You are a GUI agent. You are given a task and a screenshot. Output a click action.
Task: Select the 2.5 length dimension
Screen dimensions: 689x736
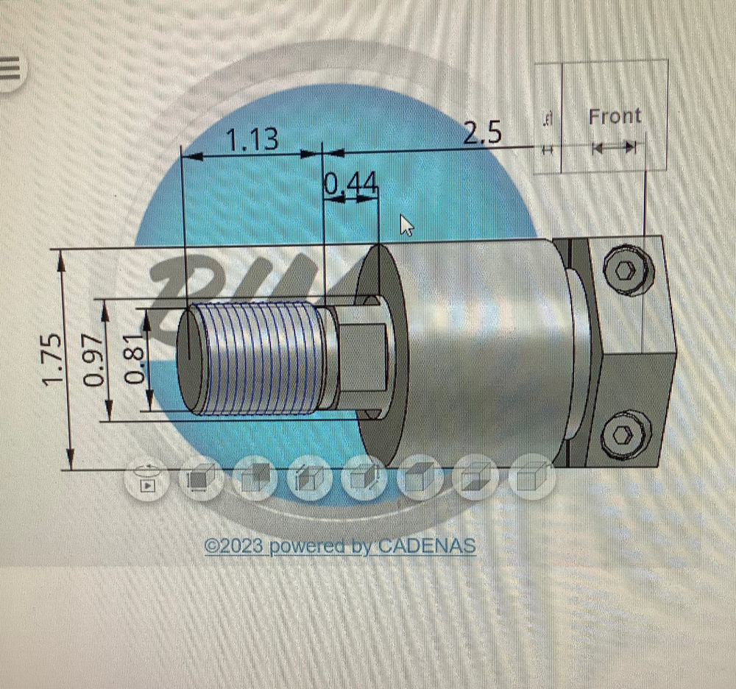click(482, 133)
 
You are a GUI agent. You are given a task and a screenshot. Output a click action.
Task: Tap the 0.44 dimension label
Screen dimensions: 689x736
click(351, 185)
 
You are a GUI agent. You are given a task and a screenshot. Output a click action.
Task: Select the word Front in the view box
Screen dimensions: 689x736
click(615, 116)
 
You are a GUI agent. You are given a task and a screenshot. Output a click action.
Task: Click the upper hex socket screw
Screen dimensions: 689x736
click(628, 270)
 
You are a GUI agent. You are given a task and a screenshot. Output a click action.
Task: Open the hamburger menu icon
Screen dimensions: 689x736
click(9, 70)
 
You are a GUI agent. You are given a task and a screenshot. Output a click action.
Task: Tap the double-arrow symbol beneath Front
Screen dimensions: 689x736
click(614, 148)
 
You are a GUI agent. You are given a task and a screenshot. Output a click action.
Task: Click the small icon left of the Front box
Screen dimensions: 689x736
click(547, 132)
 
